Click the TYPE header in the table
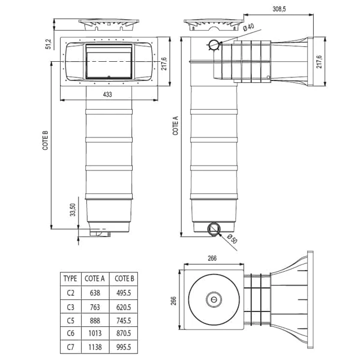pos(70,278)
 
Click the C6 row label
pos(70,334)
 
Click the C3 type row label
pos(70,307)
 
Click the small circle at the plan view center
pos(213,299)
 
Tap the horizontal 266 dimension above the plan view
pos(212,259)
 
